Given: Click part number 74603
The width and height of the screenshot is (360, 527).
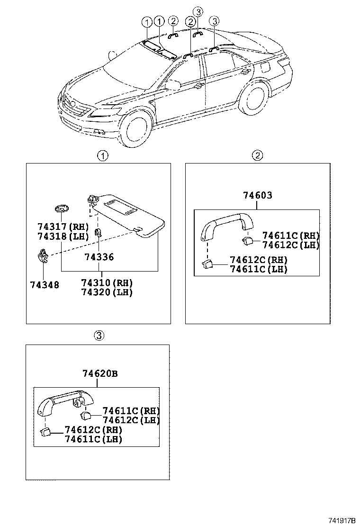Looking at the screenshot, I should (x=258, y=195).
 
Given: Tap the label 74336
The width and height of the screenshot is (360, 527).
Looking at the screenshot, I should (x=99, y=257).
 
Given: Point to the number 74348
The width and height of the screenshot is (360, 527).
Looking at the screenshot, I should (x=44, y=285).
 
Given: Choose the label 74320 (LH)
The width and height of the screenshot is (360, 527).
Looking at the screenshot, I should (x=107, y=292).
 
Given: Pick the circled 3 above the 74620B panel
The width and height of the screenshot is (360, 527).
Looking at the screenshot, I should (x=98, y=336).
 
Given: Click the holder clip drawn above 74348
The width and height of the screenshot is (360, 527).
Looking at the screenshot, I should (x=43, y=256).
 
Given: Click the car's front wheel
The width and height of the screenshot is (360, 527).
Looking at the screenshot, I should (x=136, y=126).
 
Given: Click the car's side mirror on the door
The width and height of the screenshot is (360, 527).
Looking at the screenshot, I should (x=172, y=85).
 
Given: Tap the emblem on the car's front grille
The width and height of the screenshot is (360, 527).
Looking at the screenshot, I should (x=73, y=104).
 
